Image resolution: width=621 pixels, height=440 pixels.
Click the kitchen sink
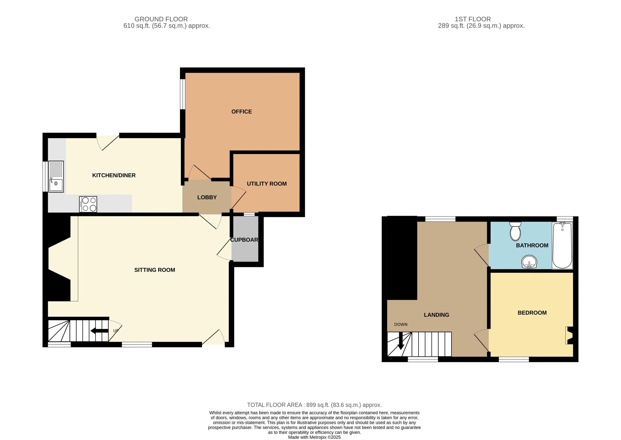coord(56,177)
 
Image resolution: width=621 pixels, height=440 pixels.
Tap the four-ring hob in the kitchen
coord(88,204)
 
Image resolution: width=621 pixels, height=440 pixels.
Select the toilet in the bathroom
coord(515,231)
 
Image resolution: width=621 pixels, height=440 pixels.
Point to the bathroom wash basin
coord(529,262)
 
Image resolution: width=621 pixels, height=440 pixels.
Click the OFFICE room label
coord(242,112)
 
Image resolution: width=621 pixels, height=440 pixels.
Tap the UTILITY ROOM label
coord(267,184)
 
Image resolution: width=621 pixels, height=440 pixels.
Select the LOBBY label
coord(207,198)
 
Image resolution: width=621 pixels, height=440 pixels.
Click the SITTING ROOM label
coord(155,270)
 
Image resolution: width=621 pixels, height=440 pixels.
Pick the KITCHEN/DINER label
coord(114,175)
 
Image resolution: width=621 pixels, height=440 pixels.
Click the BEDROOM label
coord(532,313)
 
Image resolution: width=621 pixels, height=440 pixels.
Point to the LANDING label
coord(436,315)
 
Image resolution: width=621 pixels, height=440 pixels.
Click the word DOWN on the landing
coord(401,325)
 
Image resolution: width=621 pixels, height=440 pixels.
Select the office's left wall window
coord(183,94)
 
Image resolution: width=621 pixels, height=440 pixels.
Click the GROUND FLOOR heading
coord(161,19)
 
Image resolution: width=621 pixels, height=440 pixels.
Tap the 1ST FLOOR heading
coord(473,19)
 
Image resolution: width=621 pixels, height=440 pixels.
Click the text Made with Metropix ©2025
coord(314,437)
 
